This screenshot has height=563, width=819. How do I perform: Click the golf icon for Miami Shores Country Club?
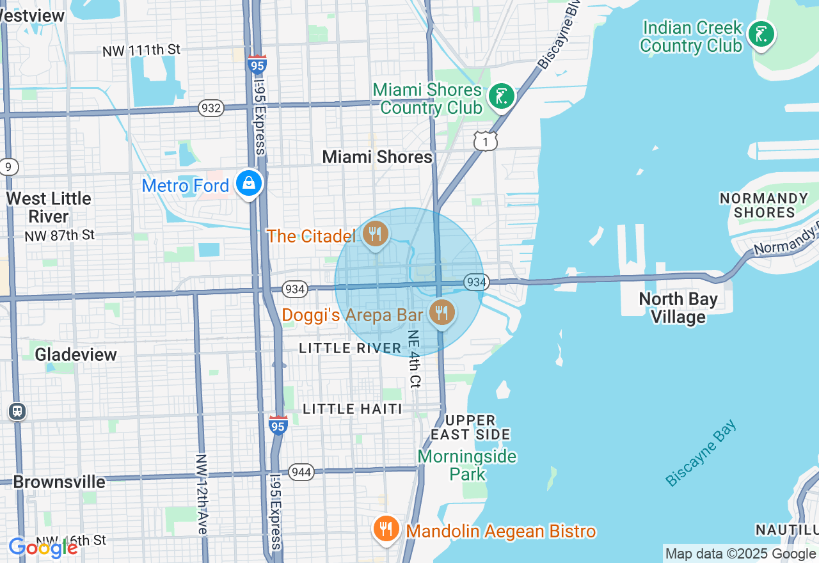coord(502,97)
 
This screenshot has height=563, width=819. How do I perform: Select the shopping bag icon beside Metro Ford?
coord(249,184)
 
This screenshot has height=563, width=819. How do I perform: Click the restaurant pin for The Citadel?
coord(376,235)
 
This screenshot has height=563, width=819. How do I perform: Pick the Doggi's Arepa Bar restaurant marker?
coord(441,313)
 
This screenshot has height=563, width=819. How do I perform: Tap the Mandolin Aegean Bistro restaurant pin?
coord(386,530)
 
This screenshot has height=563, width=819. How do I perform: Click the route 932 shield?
coord(211,108)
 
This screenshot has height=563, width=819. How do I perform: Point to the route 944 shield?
coord(300,472)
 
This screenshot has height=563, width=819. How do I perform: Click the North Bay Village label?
coord(678,308)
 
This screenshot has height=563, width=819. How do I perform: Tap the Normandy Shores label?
coord(764,205)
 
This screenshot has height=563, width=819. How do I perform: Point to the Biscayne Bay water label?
coord(701,453)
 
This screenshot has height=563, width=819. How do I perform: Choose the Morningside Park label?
coord(467,465)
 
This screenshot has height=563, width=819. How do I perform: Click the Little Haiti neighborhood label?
coord(353,409)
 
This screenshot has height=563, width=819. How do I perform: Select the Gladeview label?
coord(76,354)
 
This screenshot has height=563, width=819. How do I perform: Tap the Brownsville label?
coord(59,482)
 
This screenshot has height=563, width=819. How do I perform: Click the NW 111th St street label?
coord(141,50)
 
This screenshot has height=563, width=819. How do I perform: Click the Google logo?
coord(43,548)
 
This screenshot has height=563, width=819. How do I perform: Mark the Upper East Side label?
coord(470,427)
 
